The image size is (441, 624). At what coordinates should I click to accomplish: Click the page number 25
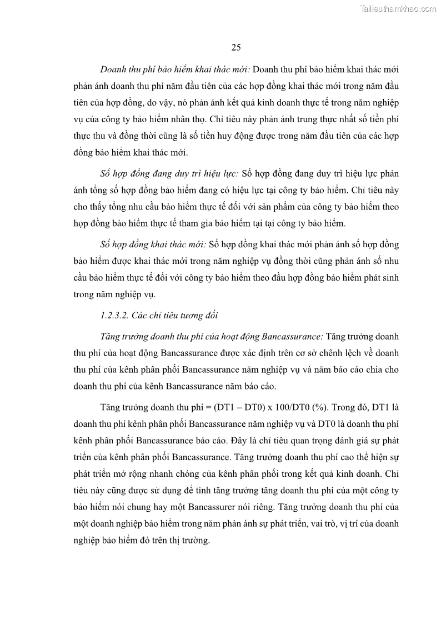235,47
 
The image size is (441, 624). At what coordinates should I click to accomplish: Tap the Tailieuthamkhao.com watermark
398,8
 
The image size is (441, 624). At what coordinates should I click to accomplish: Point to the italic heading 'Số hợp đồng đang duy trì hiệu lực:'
170,173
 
